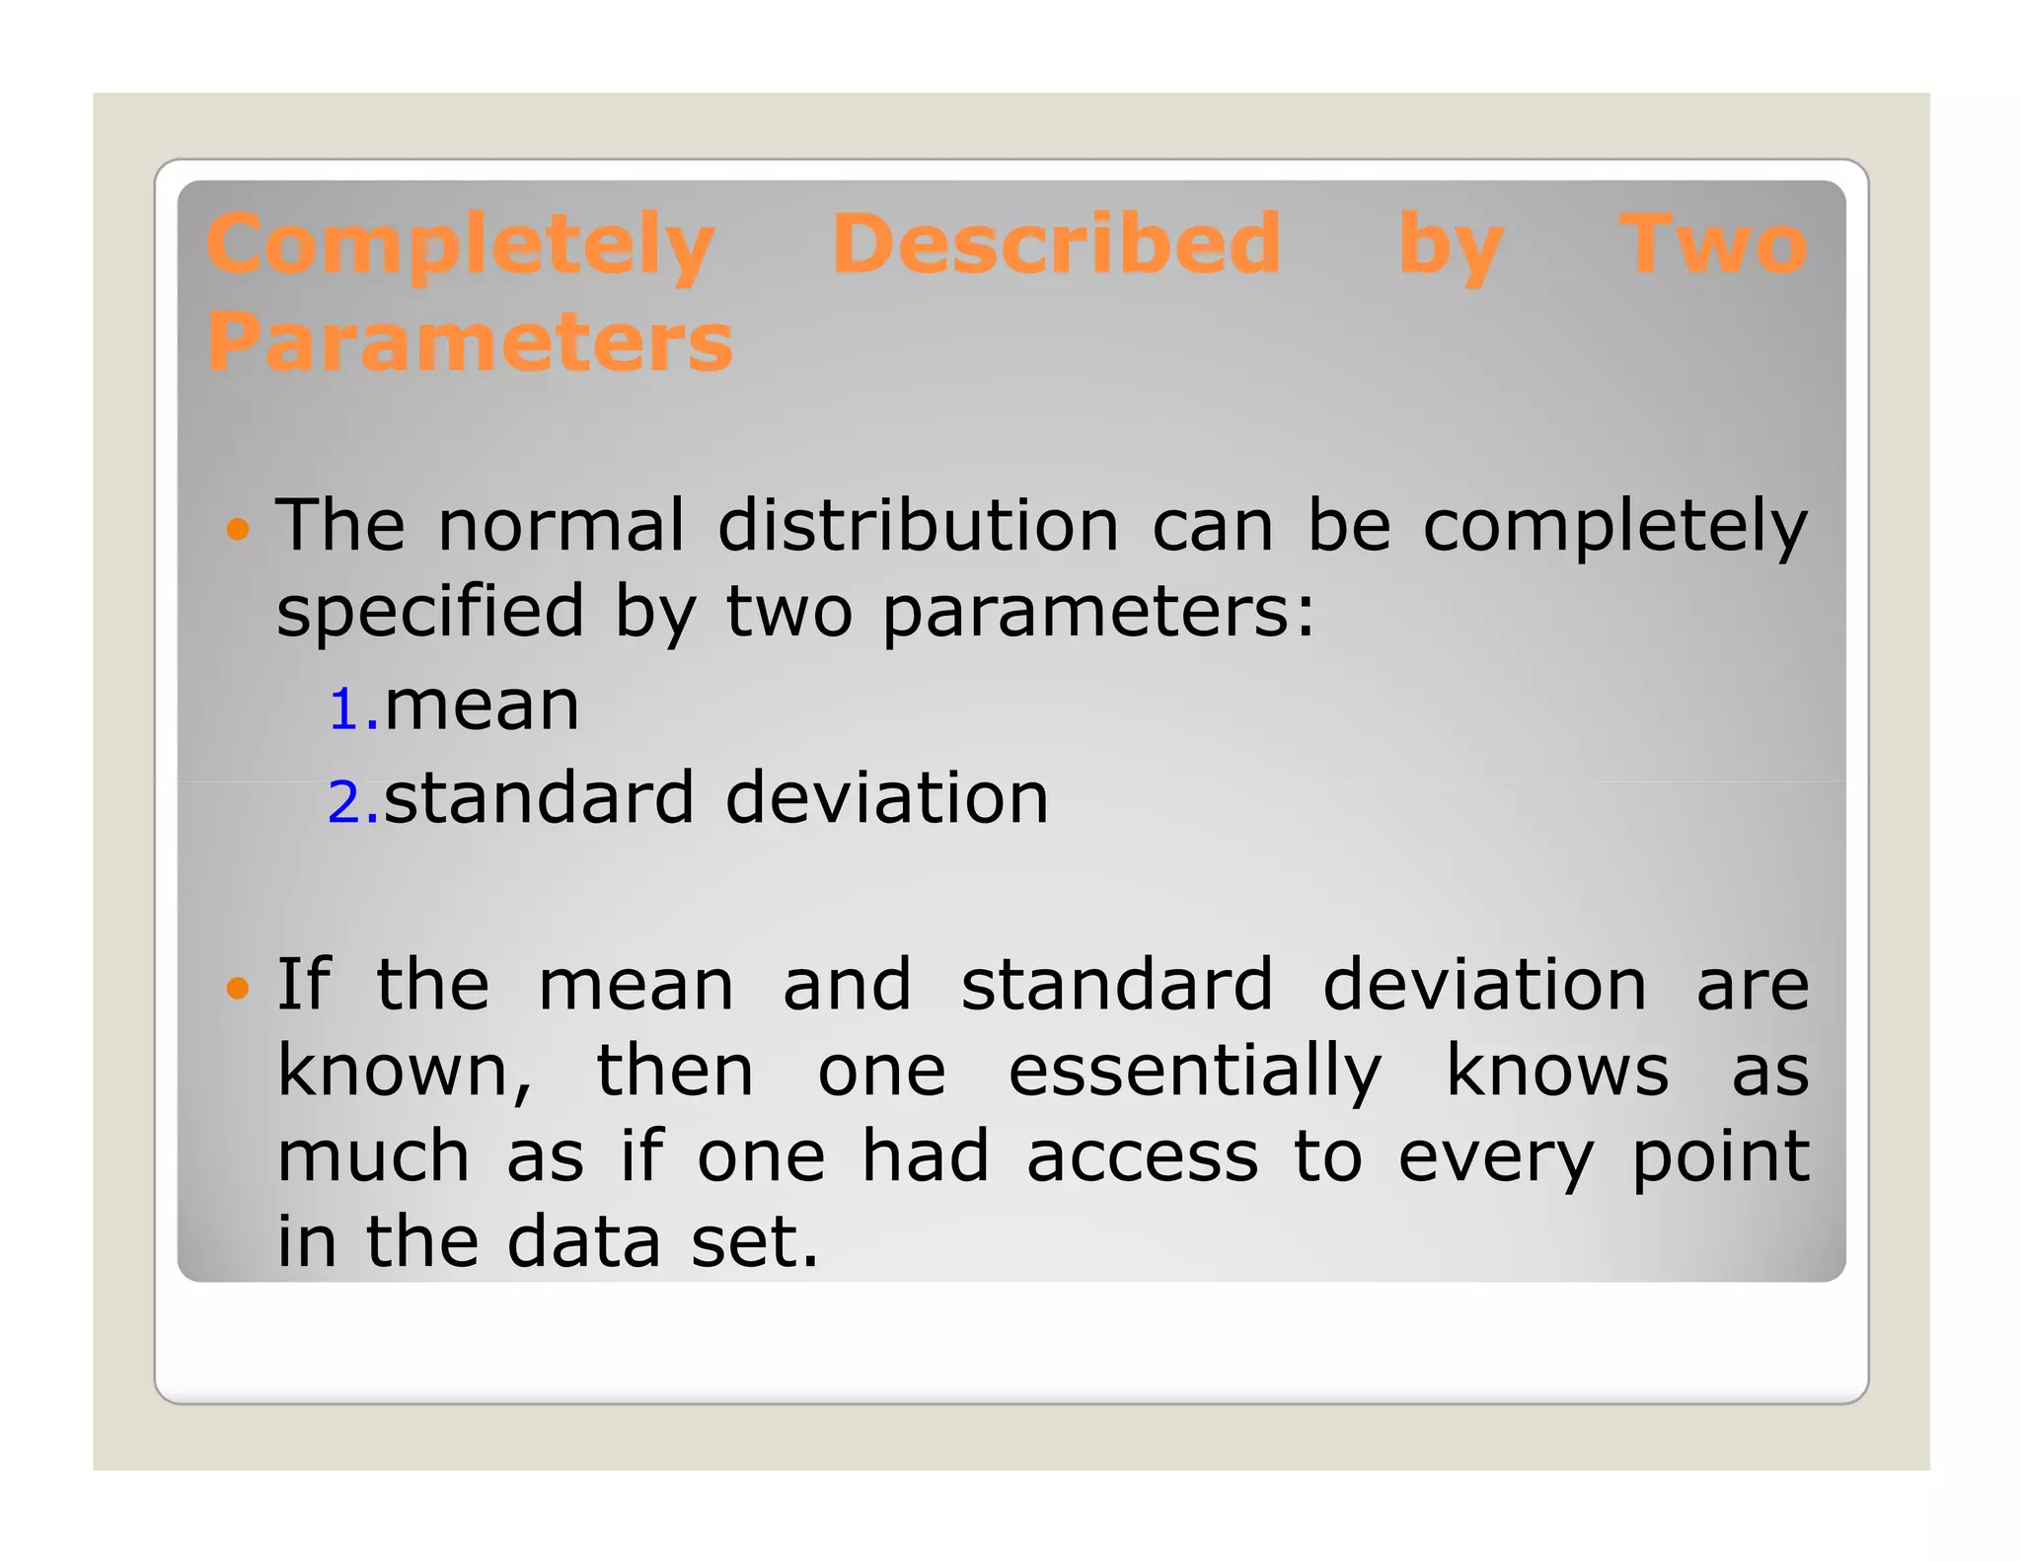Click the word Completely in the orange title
point(460,245)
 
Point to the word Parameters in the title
point(470,341)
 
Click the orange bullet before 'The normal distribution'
point(237,530)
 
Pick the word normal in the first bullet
point(561,525)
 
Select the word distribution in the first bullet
point(918,525)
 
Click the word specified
point(430,612)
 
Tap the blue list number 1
point(346,710)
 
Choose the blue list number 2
point(346,801)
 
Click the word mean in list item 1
point(482,706)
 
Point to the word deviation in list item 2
point(886,797)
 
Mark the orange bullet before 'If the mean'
point(237,988)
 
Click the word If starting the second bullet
point(303,984)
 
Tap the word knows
point(1557,1071)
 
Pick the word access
point(1142,1157)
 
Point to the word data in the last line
point(583,1241)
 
